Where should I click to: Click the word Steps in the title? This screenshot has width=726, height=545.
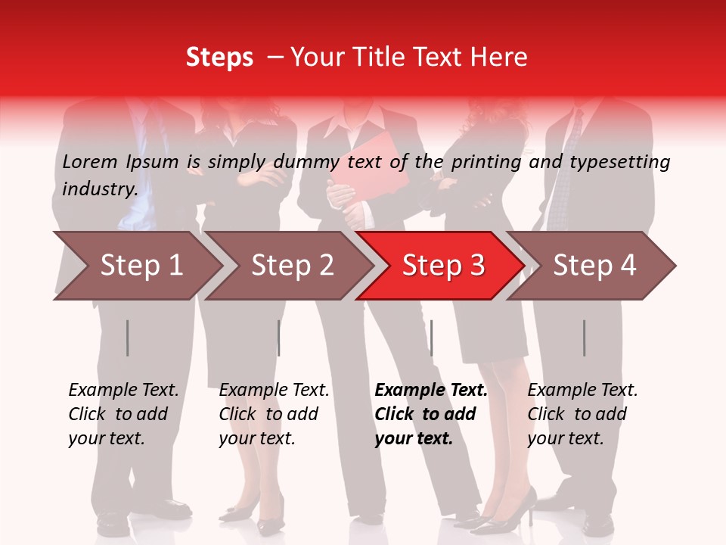coord(219,58)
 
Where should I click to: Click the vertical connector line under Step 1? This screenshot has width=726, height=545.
coord(127,338)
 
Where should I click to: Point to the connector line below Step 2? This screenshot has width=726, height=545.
coord(278,338)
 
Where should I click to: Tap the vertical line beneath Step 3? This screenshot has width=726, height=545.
coord(431,338)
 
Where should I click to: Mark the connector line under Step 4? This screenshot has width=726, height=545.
coord(584,338)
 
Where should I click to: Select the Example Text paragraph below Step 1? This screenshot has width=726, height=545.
coord(123,414)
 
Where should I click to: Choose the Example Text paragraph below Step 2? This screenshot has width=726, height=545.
coord(274,414)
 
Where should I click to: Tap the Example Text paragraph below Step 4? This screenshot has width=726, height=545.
coord(582,414)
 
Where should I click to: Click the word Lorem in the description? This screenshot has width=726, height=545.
coord(89,161)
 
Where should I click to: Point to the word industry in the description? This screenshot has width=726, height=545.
coord(100,188)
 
